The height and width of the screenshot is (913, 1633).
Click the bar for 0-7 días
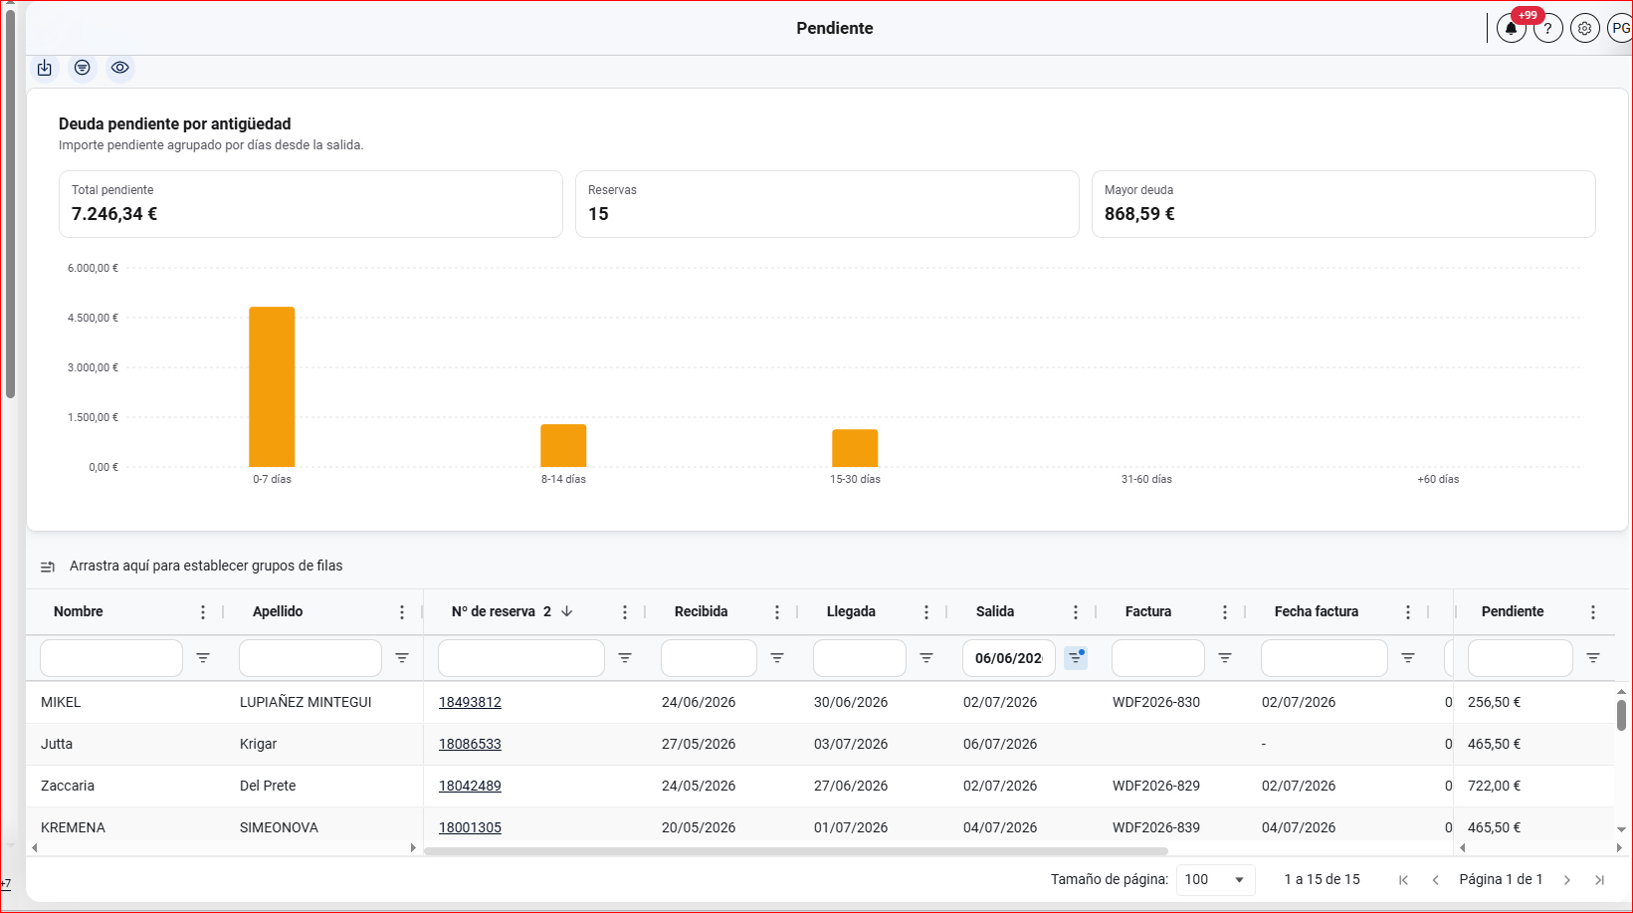click(272, 386)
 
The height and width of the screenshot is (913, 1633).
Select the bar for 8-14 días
click(563, 446)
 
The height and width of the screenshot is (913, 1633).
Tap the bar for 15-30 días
click(855, 448)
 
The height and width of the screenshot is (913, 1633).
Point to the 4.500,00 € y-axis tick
click(93, 318)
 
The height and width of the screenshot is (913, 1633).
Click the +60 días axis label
click(1438, 479)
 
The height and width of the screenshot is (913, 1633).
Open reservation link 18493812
click(470, 702)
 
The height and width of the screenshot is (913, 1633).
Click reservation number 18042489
click(470, 787)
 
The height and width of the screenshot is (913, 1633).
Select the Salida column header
click(995, 612)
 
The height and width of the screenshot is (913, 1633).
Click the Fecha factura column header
click(1317, 612)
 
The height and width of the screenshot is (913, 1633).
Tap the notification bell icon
click(1511, 29)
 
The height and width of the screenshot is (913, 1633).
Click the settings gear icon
click(1584, 29)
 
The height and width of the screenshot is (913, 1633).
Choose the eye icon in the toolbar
click(120, 68)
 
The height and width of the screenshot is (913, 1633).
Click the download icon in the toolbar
click(45, 68)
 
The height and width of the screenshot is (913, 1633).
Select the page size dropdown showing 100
click(1214, 879)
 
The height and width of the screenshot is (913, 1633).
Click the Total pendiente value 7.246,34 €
click(114, 214)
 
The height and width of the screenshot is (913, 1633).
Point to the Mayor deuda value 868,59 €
click(1139, 214)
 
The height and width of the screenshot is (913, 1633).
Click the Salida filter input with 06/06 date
click(1008, 658)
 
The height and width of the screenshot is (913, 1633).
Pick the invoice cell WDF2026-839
click(1156, 827)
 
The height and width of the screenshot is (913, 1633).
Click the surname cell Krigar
click(258, 744)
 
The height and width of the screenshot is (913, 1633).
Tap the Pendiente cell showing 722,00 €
click(1494, 787)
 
